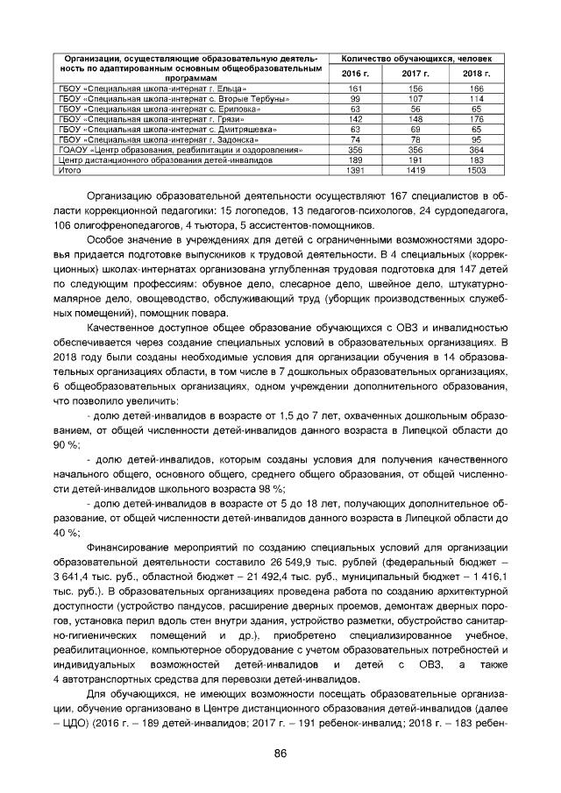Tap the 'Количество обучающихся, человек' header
pyautogui.click(x=416, y=58)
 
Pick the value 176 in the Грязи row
pyautogui.click(x=476, y=118)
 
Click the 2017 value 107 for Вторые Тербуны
pyautogui.click(x=416, y=99)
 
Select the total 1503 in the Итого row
pyautogui.click(x=476, y=170)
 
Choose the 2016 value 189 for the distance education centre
pyautogui.click(x=356, y=159)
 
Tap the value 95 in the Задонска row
pyautogui.click(x=476, y=138)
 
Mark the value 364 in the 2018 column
pyautogui.click(x=476, y=149)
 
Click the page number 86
pyautogui.click(x=280, y=754)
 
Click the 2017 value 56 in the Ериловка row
pyautogui.click(x=416, y=109)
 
